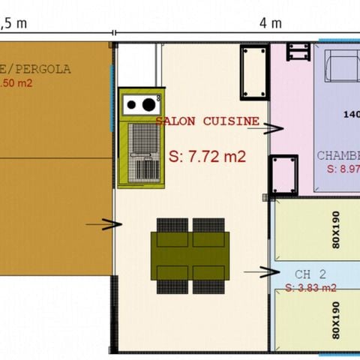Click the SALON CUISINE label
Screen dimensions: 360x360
(208, 121)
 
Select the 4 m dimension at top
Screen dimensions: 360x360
(265, 22)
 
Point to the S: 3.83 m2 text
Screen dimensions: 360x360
(310, 288)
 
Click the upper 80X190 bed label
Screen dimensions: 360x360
(335, 231)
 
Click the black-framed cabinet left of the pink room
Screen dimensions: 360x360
(253, 72)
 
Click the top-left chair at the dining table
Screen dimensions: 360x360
(172, 225)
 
